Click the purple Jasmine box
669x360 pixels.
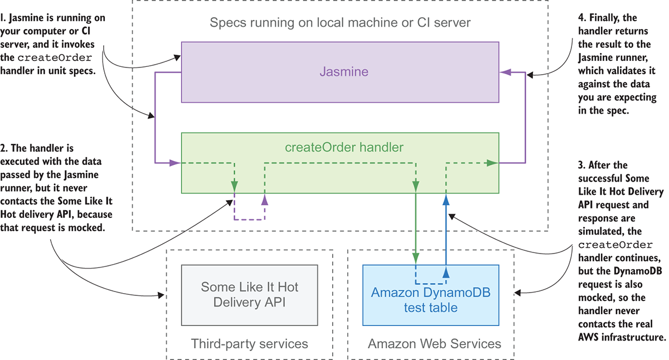coord(340,72)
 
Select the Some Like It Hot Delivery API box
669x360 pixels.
coord(249,294)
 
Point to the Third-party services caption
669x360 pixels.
coord(249,343)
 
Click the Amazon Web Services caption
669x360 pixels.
coord(434,343)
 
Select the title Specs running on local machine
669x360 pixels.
coord(340,23)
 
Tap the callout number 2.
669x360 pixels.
coord(4,149)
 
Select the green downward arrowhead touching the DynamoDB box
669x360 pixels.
coord(416,257)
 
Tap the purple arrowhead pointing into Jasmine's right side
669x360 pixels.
coord(505,72)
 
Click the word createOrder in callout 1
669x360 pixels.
coord(54,58)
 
